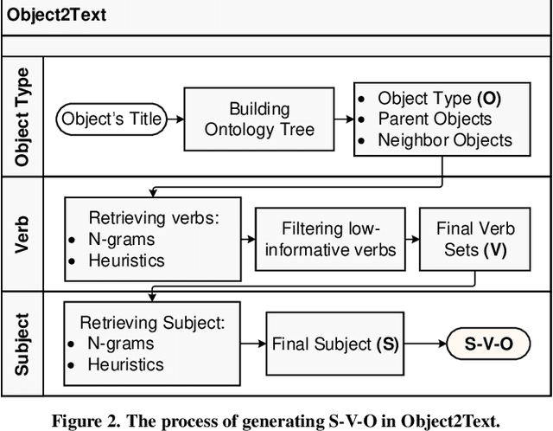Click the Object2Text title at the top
pyautogui.click(x=58, y=15)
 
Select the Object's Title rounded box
pyautogui.click(x=111, y=119)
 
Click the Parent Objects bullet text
pyautogui.click(x=435, y=119)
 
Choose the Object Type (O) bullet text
pyautogui.click(x=439, y=98)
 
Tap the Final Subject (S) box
pyautogui.click(x=334, y=344)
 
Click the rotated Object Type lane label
pyautogui.click(x=22, y=118)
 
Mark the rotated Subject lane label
pyautogui.click(x=22, y=344)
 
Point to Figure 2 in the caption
pyautogui.click(x=99, y=421)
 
